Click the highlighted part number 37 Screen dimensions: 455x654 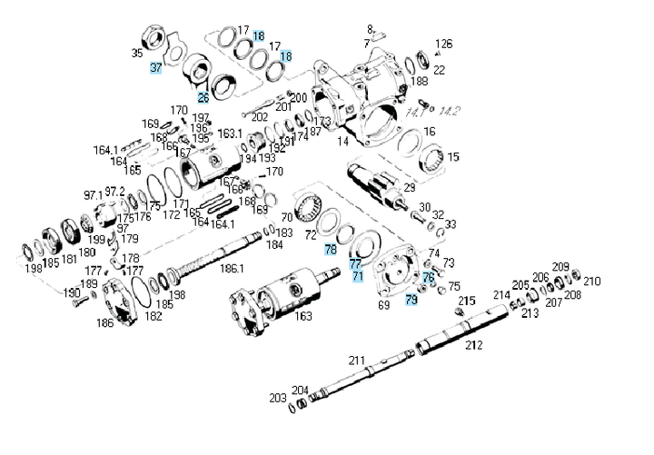(156, 68)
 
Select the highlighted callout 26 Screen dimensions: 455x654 (203, 97)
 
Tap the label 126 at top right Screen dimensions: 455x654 (443, 44)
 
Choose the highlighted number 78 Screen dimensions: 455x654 (330, 249)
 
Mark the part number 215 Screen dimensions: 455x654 (467, 301)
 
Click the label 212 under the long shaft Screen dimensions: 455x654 (474, 345)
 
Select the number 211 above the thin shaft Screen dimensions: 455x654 (358, 361)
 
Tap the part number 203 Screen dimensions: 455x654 (277, 398)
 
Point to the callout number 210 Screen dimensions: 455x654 (591, 281)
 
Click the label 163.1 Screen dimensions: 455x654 (230, 134)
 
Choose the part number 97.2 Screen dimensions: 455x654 (114, 192)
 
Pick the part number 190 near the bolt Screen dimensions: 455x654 (72, 292)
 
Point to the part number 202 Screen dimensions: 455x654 (260, 117)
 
